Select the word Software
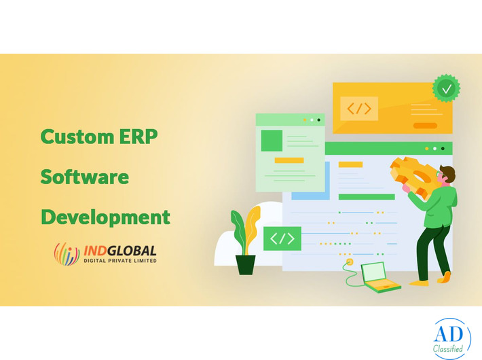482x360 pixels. pyautogui.click(x=84, y=177)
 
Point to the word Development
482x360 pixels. pyautogui.click(x=105, y=217)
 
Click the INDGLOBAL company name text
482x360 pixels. pyautogui.click(x=119, y=249)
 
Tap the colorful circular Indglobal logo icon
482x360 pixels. pyautogui.click(x=67, y=253)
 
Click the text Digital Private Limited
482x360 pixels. pyautogui.click(x=119, y=260)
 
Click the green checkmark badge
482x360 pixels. pyautogui.click(x=446, y=88)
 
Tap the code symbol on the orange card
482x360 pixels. pyautogui.click(x=358, y=109)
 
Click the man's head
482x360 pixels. pyautogui.click(x=447, y=175)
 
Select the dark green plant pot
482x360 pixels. pyautogui.click(x=246, y=264)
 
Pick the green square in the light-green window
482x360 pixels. pyautogui.click(x=272, y=140)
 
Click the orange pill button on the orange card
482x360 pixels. pyautogui.click(x=425, y=126)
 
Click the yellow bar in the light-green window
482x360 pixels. pyautogui.click(x=289, y=160)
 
